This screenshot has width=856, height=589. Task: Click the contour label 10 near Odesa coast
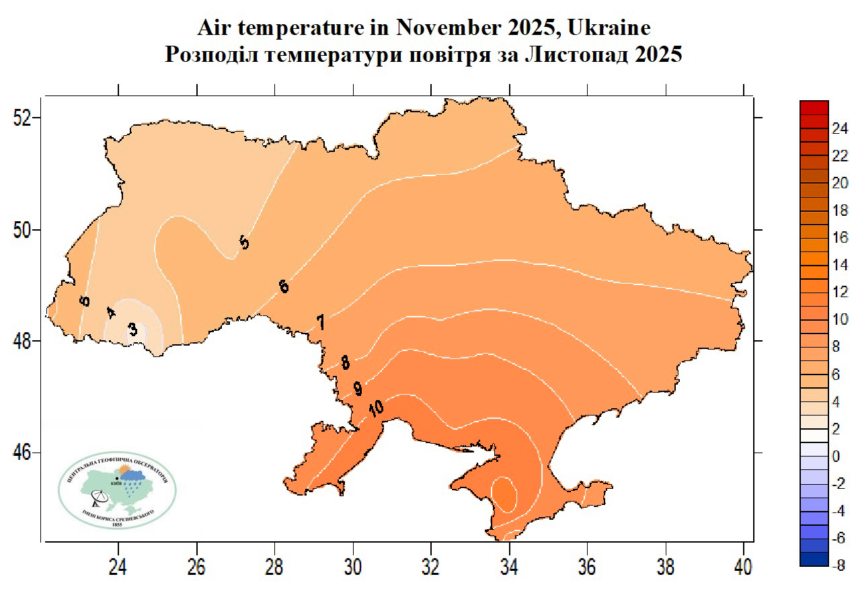click(376, 407)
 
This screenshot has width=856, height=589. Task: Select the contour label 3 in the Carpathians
click(133, 329)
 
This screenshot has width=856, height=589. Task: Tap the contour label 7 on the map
click(321, 323)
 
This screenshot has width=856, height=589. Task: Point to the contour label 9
click(358, 388)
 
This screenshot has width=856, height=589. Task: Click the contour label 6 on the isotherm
click(284, 286)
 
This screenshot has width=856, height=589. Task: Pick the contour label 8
click(345, 363)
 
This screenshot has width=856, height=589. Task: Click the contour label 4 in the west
click(111, 313)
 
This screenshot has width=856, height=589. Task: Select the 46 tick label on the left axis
click(24, 453)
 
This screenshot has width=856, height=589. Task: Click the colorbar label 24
click(840, 128)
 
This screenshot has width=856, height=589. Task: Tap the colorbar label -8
click(839, 566)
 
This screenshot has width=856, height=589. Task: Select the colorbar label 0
click(836, 457)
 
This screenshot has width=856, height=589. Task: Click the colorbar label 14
click(840, 265)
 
